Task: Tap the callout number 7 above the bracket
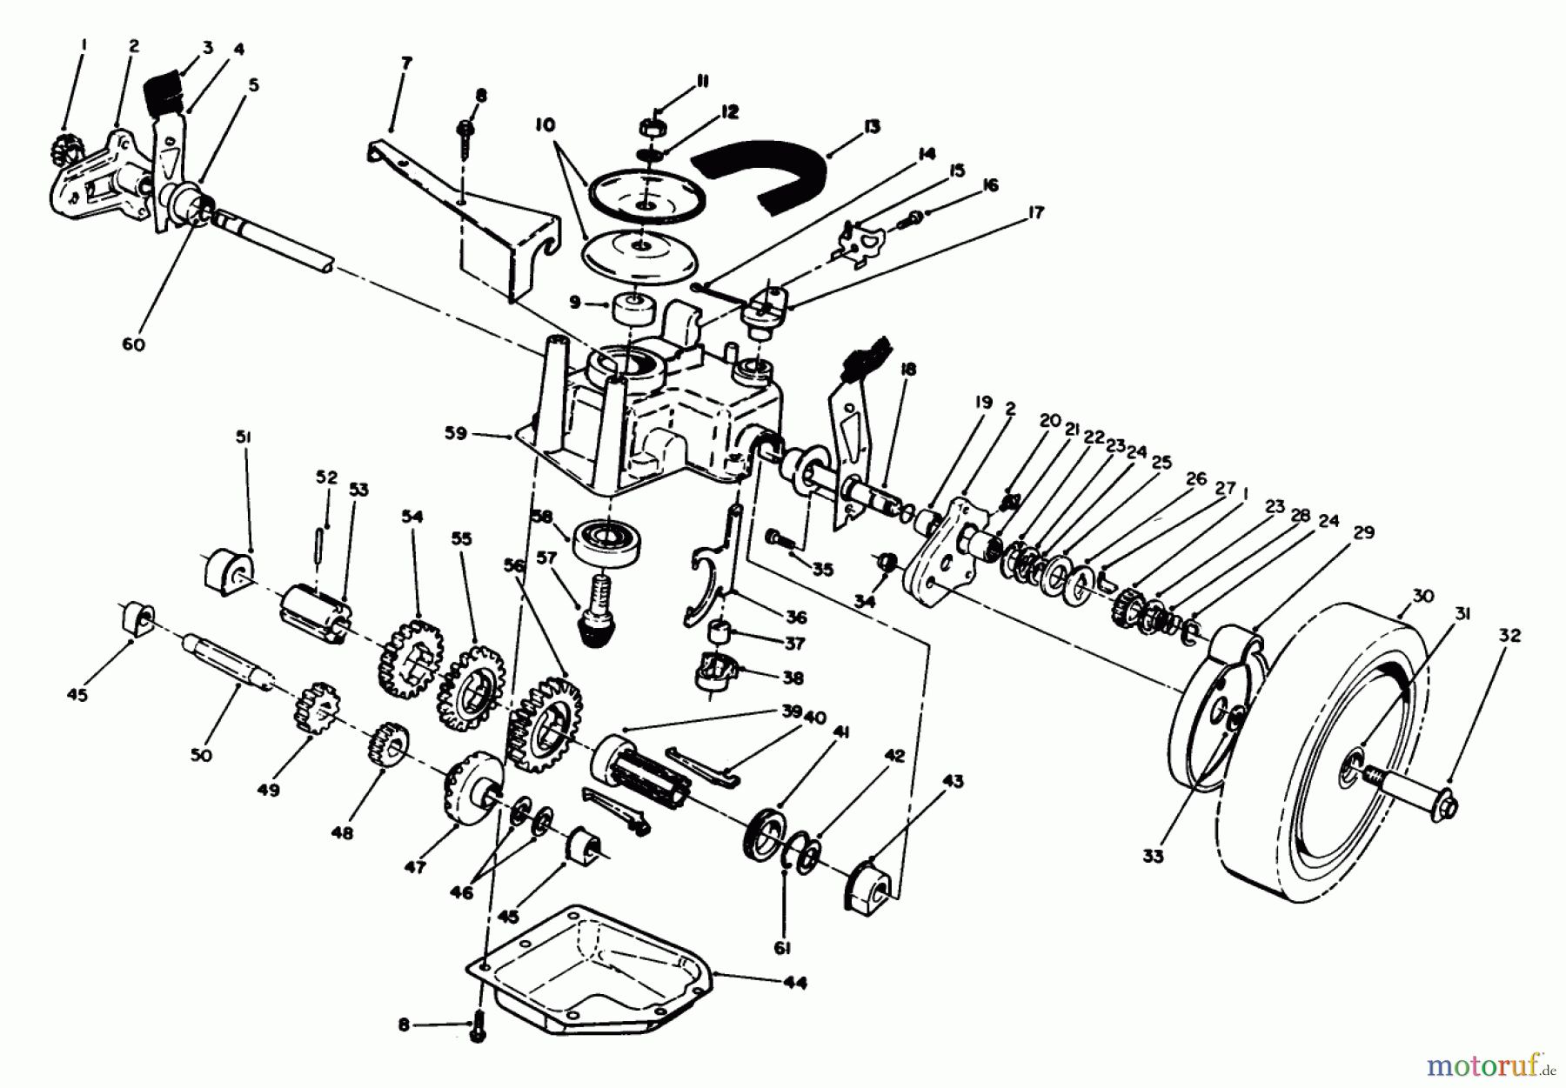406,63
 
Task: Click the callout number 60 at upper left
133,344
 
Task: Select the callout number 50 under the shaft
200,755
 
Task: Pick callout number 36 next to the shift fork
795,617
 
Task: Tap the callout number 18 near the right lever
907,369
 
